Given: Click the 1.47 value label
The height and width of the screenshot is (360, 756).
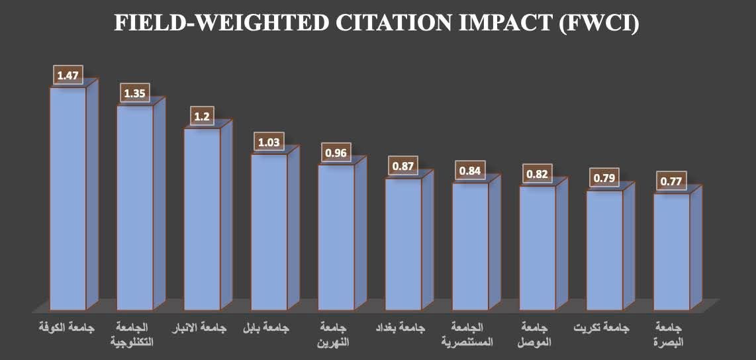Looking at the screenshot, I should point(68,75).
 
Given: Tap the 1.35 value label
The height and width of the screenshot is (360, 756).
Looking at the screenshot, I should point(134,93).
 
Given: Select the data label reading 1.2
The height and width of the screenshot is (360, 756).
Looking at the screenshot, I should point(202,116).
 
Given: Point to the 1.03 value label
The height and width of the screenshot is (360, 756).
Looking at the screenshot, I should point(269,142).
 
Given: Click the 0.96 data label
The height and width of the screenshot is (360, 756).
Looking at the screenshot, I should point(336,153).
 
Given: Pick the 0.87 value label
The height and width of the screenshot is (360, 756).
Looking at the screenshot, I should point(402,166).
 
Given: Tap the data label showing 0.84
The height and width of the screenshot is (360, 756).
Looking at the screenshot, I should point(470,171).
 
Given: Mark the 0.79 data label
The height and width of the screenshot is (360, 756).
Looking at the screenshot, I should point(604,178).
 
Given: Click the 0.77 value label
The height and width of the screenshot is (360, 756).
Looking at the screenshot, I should point(671,181).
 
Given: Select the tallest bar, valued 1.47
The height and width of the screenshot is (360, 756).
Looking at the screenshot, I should point(68,199).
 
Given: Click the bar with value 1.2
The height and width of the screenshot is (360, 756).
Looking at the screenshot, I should point(202,218).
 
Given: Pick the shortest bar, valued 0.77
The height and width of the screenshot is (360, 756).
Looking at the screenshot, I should point(671,251).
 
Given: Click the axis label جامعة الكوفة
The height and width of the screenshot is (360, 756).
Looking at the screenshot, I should point(67,328).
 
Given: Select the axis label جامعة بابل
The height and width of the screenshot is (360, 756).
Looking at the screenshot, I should point(268,328).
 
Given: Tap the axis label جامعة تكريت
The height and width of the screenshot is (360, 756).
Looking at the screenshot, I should point(603,328).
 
